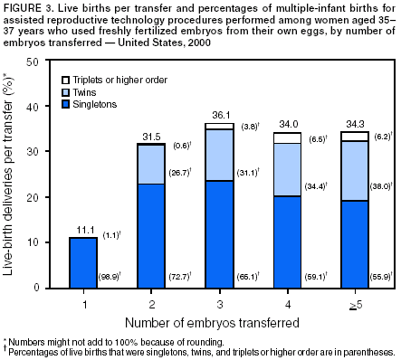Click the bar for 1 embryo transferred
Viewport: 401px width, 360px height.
pos(83,262)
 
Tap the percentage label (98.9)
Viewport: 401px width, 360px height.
pos(112,275)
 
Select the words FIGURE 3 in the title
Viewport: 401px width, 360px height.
pos(24,7)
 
